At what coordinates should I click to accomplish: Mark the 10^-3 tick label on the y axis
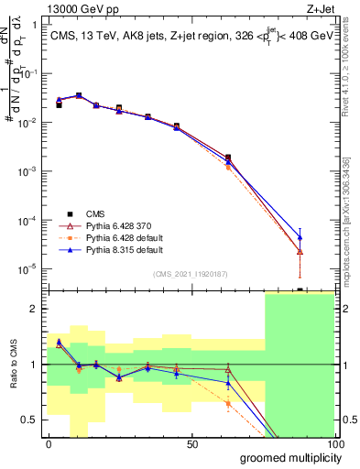(28, 171)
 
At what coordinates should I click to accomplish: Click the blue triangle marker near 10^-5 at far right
(300, 237)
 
